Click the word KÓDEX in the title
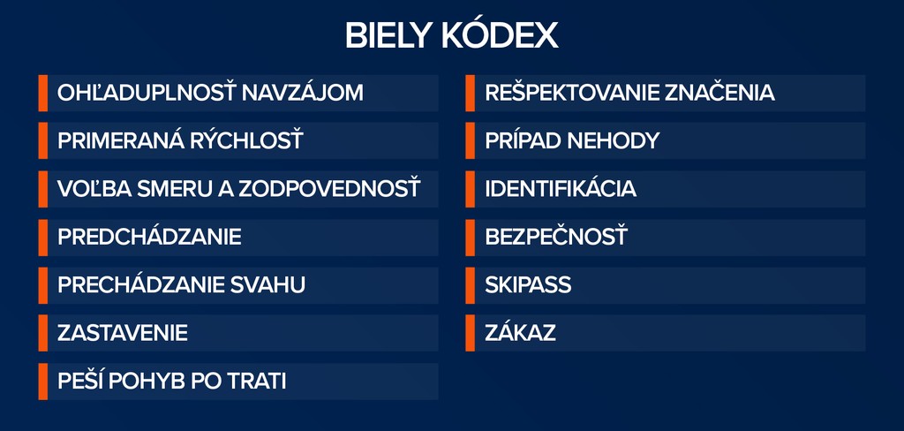click(500, 36)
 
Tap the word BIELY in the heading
click(388, 36)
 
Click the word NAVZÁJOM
click(302, 93)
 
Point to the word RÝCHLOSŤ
click(245, 140)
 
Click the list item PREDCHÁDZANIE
click(149, 237)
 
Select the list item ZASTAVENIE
click(123, 333)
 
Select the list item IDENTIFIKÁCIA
click(561, 188)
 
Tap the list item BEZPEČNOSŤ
click(556, 237)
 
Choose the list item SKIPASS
click(528, 284)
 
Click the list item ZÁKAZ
click(521, 332)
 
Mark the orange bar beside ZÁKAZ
click(470, 333)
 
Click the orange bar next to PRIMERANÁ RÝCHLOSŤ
click(43, 140)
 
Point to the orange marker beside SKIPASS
click(470, 285)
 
